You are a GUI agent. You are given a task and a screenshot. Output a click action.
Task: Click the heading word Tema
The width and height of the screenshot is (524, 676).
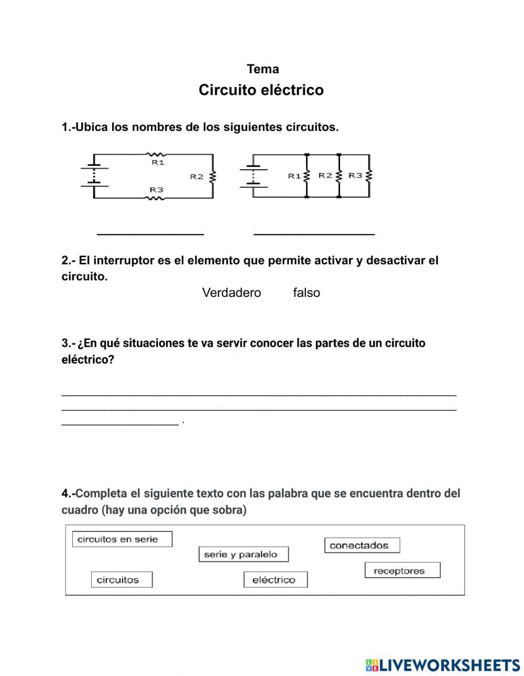pos(263,69)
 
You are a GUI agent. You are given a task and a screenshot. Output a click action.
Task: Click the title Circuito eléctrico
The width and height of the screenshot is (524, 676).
pos(261,90)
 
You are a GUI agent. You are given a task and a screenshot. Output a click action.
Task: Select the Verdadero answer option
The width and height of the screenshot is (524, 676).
pos(231,293)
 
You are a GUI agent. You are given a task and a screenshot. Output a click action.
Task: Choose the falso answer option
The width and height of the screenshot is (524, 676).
pos(307,293)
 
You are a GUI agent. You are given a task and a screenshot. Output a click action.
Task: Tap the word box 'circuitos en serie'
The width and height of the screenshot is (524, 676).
pos(122,539)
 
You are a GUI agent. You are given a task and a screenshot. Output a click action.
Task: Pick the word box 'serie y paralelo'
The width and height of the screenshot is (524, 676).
pos(244,555)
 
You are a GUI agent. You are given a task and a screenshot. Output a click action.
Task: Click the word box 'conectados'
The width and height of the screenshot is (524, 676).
pos(362,546)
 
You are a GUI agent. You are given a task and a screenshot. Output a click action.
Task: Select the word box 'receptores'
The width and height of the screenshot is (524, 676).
pos(402,571)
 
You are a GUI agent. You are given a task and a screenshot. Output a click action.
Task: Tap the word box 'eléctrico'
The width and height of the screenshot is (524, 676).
pos(275,580)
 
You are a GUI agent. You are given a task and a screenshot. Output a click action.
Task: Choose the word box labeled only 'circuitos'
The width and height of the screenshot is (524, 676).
pos(122,580)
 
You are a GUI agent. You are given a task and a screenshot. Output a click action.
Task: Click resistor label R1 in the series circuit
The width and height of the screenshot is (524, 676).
pos(158,163)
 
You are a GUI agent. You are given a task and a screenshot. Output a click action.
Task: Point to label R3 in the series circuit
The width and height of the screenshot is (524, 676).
pos(156,190)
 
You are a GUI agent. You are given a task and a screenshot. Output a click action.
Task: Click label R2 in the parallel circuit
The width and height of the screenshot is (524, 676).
pos(325,175)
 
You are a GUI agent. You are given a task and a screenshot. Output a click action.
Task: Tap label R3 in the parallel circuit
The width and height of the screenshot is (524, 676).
pos(356,175)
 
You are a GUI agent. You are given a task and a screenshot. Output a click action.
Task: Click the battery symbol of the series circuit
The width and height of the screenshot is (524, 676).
pos(94,176)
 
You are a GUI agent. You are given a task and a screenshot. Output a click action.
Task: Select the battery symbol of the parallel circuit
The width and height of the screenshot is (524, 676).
pos(253,176)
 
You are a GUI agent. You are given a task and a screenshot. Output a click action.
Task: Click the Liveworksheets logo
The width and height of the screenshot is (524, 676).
pos(443,665)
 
